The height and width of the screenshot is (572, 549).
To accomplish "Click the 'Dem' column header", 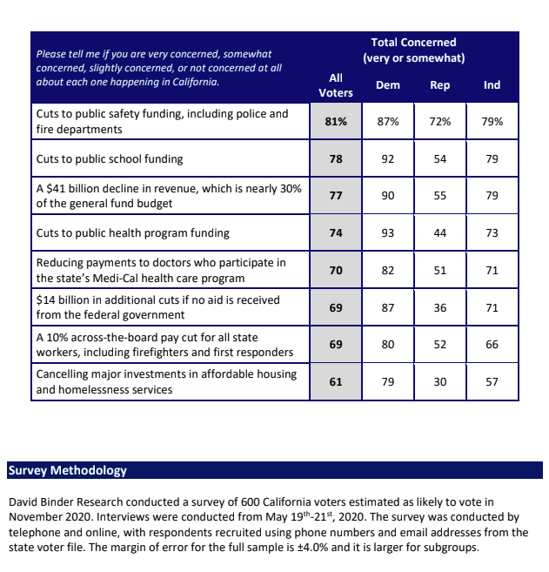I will [x=388, y=85].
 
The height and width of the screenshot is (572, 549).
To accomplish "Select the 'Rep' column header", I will [x=440, y=85].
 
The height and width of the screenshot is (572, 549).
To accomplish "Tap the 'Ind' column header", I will [x=492, y=85].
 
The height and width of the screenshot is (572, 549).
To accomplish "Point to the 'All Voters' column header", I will [x=336, y=85].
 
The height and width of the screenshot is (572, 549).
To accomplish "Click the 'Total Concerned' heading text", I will [x=413, y=43].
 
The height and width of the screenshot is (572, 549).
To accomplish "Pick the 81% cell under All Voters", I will [x=336, y=122].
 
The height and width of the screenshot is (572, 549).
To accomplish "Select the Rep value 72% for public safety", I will [x=440, y=122].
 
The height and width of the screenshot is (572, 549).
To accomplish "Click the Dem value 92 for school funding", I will [x=388, y=159].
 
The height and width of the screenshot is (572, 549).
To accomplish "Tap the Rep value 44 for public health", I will [x=440, y=233].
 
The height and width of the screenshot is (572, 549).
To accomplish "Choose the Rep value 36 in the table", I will [x=440, y=308].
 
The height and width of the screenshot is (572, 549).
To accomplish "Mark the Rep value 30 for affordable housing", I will [x=440, y=381].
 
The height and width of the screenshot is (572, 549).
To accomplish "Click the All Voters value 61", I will [x=336, y=381].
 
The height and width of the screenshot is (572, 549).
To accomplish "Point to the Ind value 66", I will [x=492, y=345].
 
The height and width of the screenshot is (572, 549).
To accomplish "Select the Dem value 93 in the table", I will [x=388, y=233].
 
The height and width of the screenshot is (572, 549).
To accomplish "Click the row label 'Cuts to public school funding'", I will [x=109, y=159].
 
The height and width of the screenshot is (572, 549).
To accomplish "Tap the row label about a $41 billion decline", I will [x=165, y=196].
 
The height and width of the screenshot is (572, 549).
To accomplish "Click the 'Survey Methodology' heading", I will [x=68, y=470].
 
